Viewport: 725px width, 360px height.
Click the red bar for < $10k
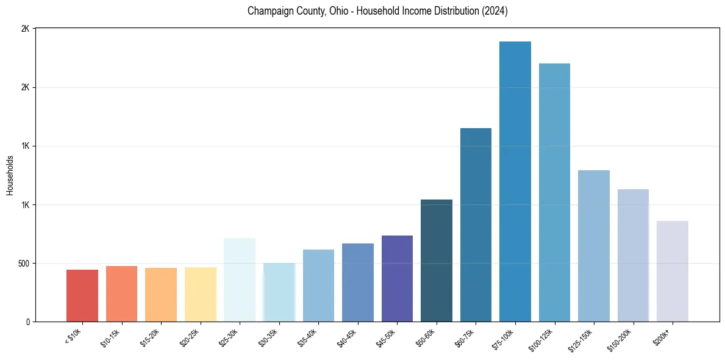click(82, 296)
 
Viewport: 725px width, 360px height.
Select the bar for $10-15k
click(121, 294)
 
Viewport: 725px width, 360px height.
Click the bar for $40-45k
click(358, 283)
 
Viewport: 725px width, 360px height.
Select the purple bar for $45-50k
click(397, 279)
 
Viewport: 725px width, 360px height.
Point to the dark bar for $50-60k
click(437, 261)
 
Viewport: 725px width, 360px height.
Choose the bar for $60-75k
click(476, 225)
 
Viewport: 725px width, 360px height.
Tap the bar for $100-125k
click(554, 193)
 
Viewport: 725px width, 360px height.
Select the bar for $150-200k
click(633, 256)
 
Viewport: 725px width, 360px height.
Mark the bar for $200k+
click(673, 272)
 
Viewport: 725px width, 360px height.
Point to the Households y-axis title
click(10, 175)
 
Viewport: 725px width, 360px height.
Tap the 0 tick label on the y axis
click(27, 322)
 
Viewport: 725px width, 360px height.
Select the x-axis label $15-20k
click(151, 337)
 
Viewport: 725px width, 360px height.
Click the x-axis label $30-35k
click(269, 337)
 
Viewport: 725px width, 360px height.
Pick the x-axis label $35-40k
click(308, 337)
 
